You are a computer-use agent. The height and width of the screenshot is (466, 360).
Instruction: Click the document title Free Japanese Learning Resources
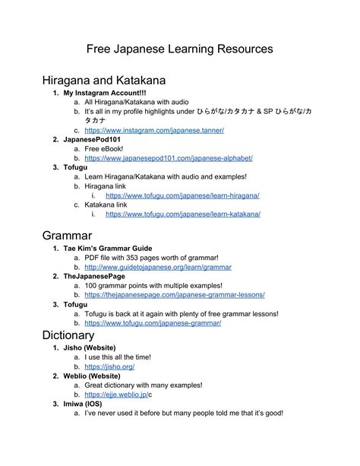179,49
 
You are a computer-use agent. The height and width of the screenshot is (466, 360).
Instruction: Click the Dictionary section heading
68,334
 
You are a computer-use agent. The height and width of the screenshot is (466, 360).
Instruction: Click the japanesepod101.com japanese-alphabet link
169,158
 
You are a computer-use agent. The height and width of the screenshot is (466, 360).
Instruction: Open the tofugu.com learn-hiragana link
182,195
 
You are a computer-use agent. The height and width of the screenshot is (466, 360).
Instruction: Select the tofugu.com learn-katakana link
183,214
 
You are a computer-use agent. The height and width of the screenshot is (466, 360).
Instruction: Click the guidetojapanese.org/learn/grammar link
158,268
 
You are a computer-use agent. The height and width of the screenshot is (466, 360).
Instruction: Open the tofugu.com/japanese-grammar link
153,323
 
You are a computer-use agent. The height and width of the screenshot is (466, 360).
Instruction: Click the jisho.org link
104,366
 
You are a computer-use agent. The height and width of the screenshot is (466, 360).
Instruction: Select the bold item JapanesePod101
92,140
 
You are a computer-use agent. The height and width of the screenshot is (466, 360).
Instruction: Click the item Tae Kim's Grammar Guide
108,249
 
